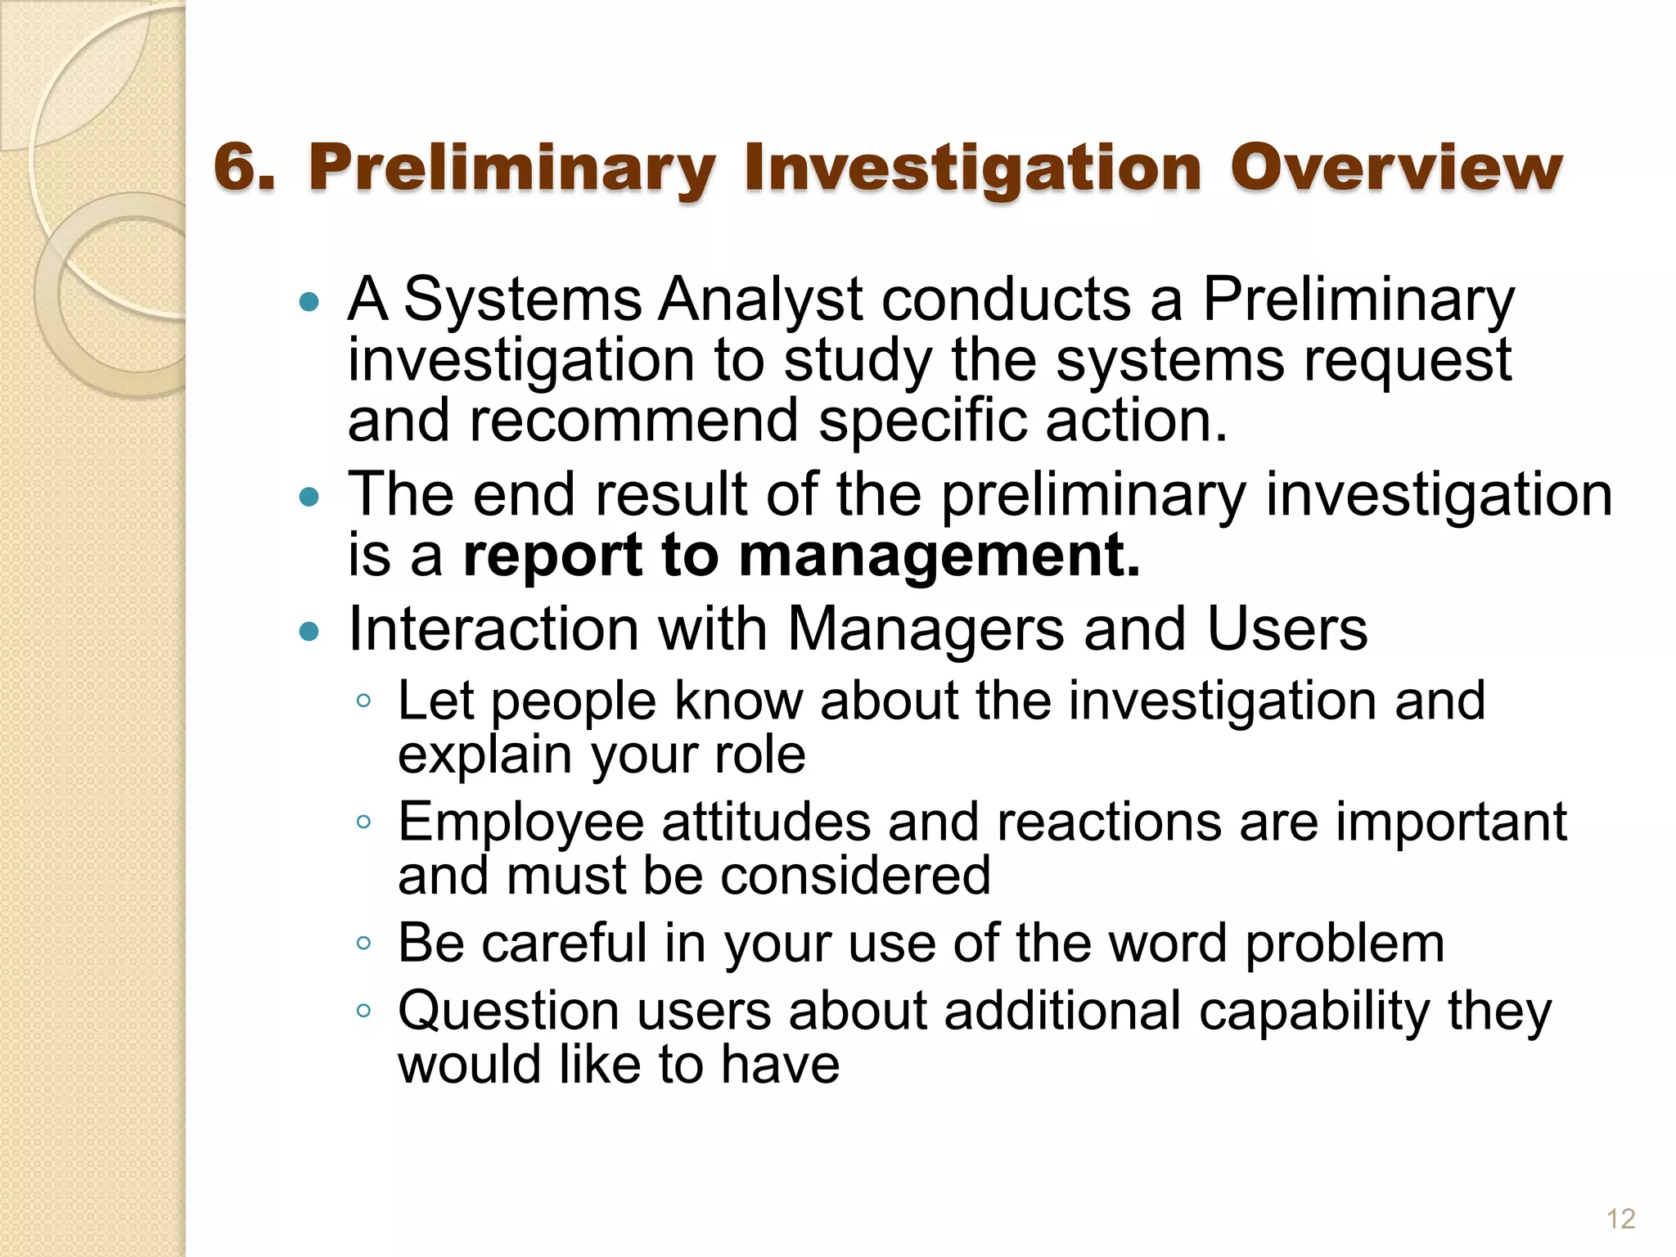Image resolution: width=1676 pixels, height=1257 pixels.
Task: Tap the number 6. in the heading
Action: pyautogui.click(x=244, y=168)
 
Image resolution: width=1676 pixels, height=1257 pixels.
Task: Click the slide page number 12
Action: pyautogui.click(x=1620, y=1219)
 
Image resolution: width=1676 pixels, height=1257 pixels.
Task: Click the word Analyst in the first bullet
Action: pyautogui.click(x=760, y=300)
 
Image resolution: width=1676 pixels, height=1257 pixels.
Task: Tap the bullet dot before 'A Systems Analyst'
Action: pyautogui.click(x=309, y=303)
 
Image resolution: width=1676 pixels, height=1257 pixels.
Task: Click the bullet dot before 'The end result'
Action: pyautogui.click(x=309, y=497)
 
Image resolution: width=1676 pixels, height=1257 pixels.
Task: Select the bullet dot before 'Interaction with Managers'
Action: pyautogui.click(x=309, y=631)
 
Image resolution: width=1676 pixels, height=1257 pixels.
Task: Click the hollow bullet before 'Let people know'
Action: pyautogui.click(x=364, y=701)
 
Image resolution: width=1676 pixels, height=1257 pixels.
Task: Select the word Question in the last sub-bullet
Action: pyautogui.click(x=507, y=1011)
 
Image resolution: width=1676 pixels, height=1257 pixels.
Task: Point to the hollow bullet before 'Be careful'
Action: pyautogui.click(x=364, y=943)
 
